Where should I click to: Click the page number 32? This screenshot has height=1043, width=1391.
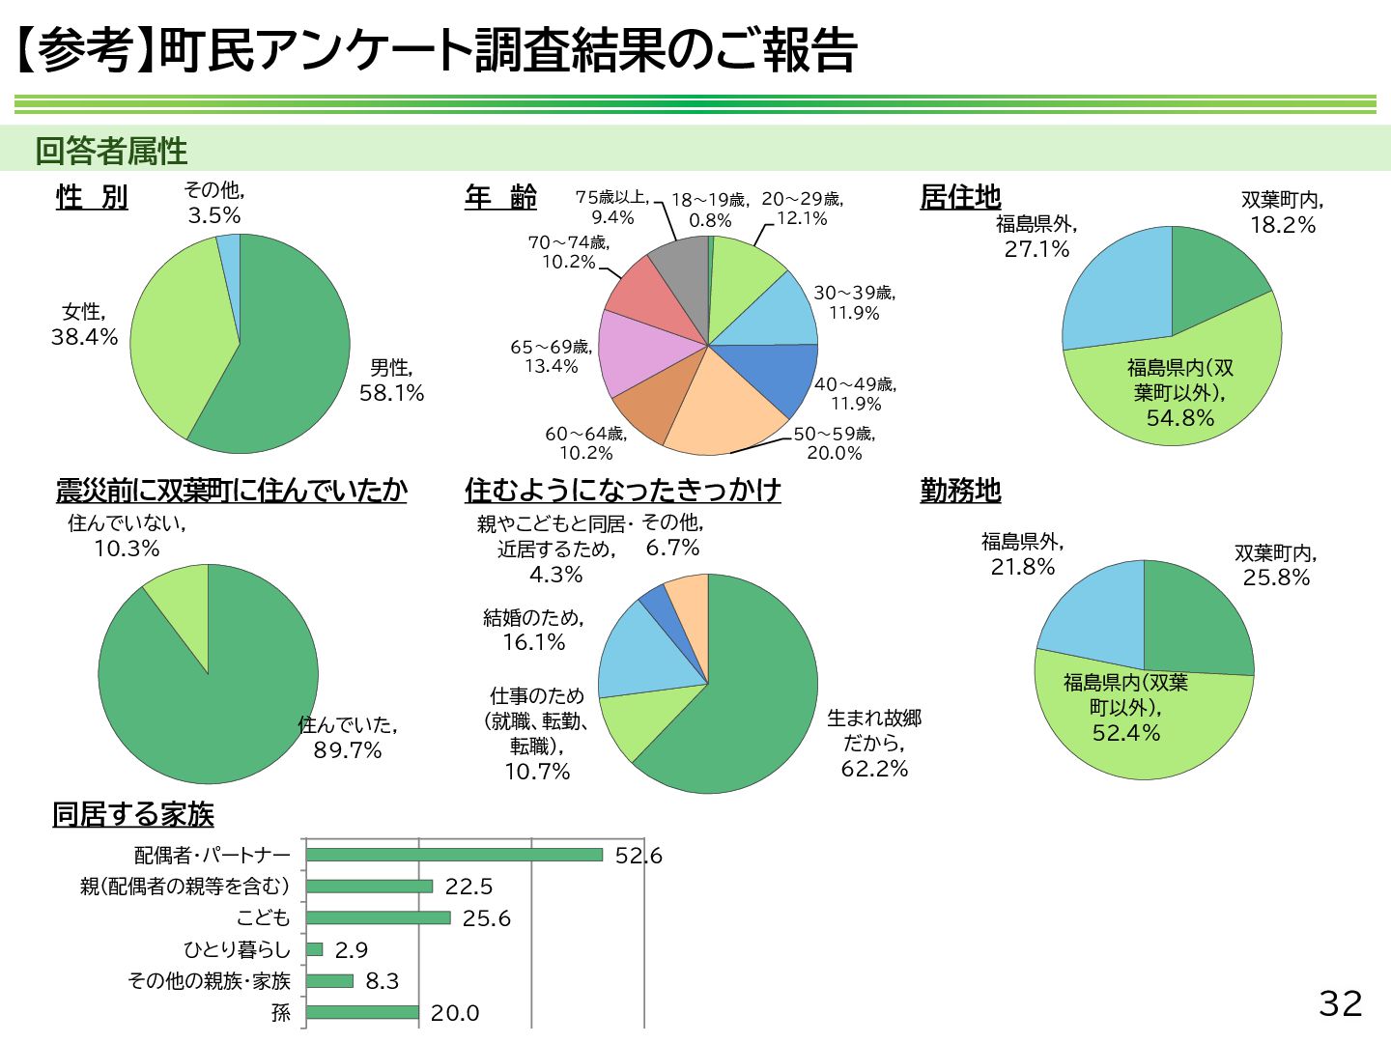tap(1340, 1003)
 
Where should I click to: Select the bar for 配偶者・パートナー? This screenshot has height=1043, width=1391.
tap(454, 855)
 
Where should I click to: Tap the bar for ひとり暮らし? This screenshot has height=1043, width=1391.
tap(315, 949)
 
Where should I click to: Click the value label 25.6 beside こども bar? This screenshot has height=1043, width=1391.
tap(486, 918)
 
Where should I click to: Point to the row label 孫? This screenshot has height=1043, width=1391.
tap(280, 1013)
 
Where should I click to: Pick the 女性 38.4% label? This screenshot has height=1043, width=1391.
tap(84, 324)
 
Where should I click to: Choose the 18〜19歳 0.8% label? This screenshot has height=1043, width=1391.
tap(710, 210)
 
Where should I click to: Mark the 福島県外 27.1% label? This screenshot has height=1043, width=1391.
tap(1036, 237)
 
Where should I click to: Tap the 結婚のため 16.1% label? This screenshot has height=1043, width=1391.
tap(533, 630)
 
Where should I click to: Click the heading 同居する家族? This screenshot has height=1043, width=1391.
tap(133, 814)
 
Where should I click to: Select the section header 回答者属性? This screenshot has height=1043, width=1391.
tap(111, 151)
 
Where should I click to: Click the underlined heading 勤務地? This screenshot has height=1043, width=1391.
tap(960, 491)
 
